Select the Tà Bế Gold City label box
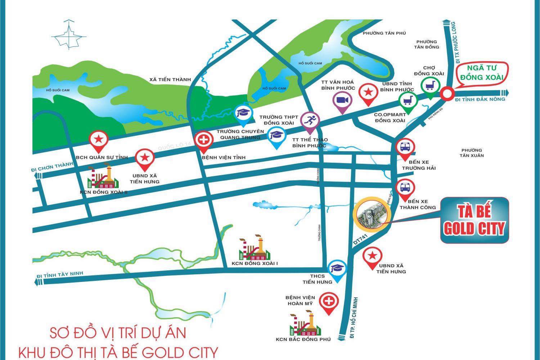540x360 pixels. coord(474,220)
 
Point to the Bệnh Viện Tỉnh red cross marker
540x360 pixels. coord(204,140)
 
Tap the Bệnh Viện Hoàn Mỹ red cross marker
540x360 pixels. coord(328,301)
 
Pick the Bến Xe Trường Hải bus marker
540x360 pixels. coord(405,147)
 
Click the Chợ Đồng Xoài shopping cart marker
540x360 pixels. coord(430,85)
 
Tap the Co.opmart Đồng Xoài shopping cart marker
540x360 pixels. coord(408,100)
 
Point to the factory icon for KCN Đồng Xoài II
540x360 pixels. coord(103,177)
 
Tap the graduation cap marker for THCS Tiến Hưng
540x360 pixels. coord(337,268)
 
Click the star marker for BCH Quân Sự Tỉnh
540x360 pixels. coord(99,139)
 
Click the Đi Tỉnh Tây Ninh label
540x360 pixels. coord(60,275)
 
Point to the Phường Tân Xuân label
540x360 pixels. coord(471,153)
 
